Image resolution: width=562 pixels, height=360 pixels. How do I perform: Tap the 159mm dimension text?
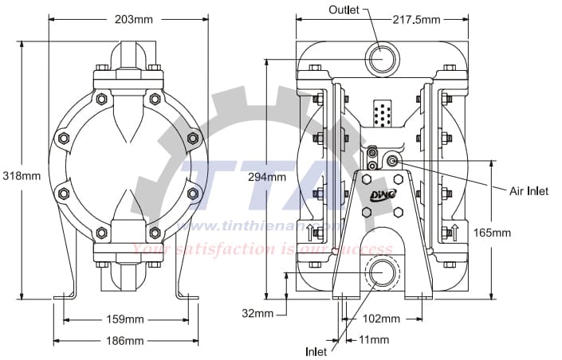coord(124,319)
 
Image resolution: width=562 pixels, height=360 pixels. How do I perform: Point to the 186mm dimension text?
coord(124,340)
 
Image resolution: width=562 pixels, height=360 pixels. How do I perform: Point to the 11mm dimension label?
coord(374,340)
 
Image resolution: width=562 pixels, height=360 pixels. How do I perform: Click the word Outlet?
coord(344,10)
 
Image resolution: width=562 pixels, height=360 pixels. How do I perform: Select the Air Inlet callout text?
coord(529,191)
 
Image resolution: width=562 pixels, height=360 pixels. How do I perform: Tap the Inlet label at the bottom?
coord(316,350)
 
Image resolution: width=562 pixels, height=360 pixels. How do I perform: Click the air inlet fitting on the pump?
coord(392,161)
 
